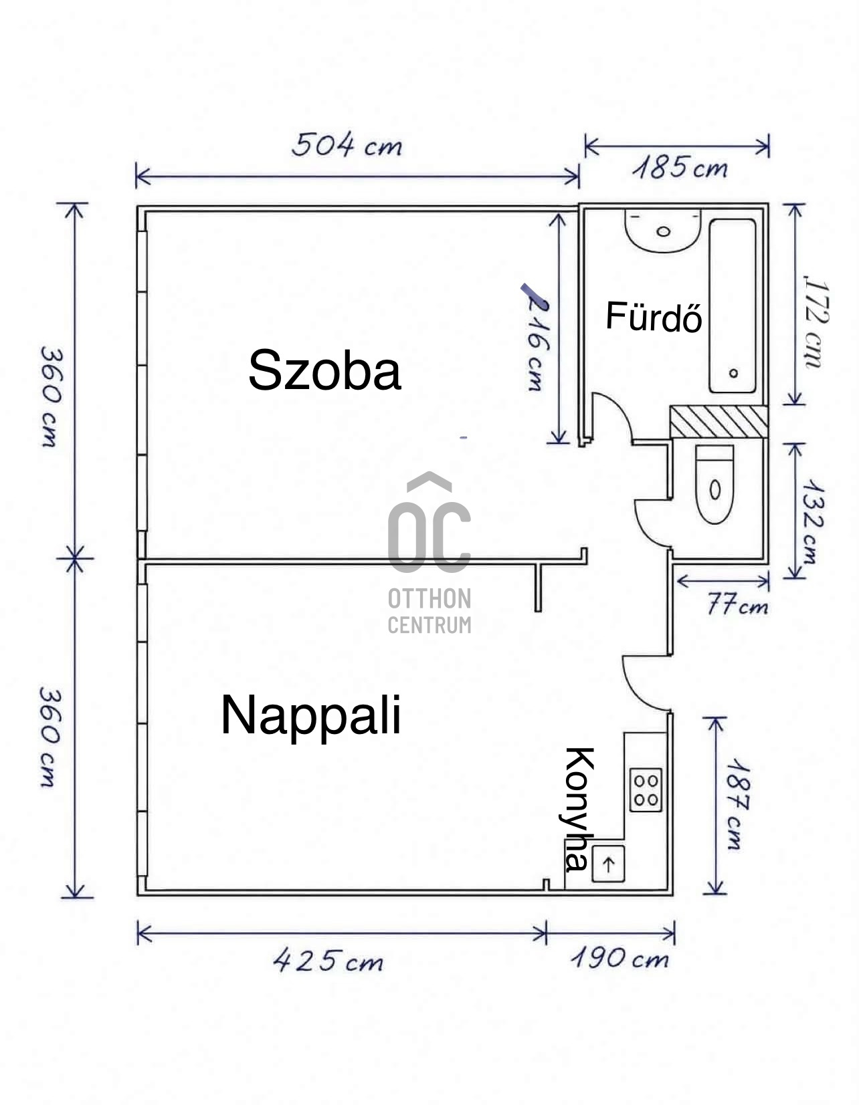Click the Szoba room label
point(324,370)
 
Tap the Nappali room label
point(311,717)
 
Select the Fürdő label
point(654,316)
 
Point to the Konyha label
point(579,809)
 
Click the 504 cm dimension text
point(347,145)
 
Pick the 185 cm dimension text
point(680,168)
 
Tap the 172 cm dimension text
point(816,322)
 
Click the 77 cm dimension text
point(737,605)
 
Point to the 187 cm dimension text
point(737,804)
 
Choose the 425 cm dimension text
point(328,960)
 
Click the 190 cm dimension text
point(619,959)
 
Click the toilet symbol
point(714,484)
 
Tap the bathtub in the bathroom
point(733,306)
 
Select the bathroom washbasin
point(662,231)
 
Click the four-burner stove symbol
point(646,789)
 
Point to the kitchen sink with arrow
point(608,864)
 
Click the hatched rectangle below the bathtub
point(719,422)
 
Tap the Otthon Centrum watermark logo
point(429,553)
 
